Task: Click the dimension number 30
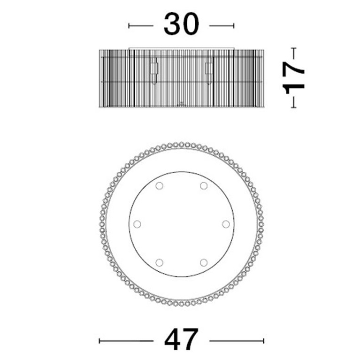point(181,24)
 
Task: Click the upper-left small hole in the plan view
point(159,186)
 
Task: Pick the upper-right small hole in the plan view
point(204,186)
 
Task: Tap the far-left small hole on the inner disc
point(137,224)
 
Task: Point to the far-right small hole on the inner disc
point(226,223)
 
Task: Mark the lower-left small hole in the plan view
point(159,262)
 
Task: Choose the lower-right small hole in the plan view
point(204,262)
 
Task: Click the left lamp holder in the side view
point(154,70)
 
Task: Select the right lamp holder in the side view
point(208,70)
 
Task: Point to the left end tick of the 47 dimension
point(100,340)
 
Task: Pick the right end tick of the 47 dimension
point(263,340)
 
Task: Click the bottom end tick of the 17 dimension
point(294,107)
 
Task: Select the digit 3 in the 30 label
point(172,24)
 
